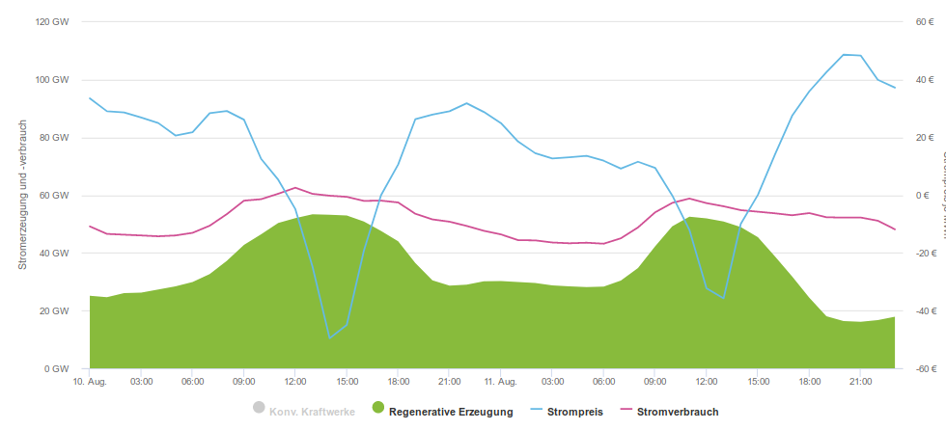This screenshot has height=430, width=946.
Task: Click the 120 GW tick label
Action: [x=52, y=21]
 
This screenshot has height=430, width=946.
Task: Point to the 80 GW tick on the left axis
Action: [x=54, y=137]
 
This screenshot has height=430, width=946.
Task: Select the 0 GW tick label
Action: [x=57, y=368]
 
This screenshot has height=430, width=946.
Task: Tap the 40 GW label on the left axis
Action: [x=54, y=253]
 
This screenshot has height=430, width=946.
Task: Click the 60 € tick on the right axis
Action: [x=925, y=21]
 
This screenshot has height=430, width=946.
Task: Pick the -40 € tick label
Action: [x=926, y=310]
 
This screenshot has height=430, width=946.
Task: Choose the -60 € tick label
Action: [x=926, y=368]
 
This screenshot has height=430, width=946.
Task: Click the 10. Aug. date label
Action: [x=90, y=382]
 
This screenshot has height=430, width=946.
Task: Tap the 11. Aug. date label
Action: [x=502, y=382]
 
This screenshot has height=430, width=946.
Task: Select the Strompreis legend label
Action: [x=574, y=412]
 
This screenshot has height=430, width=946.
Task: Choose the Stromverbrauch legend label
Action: [x=678, y=412]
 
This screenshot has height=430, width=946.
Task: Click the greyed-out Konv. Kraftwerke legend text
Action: [x=313, y=412]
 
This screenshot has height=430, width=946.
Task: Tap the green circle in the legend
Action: [x=377, y=408]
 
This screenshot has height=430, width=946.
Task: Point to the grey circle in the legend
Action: [x=258, y=408]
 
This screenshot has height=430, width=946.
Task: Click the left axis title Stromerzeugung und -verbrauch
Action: [x=23, y=195]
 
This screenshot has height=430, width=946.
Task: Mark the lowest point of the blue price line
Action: [x=329, y=338]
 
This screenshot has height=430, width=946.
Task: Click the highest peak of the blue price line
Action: [x=844, y=55]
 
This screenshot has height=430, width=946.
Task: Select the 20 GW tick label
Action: [x=54, y=310]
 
